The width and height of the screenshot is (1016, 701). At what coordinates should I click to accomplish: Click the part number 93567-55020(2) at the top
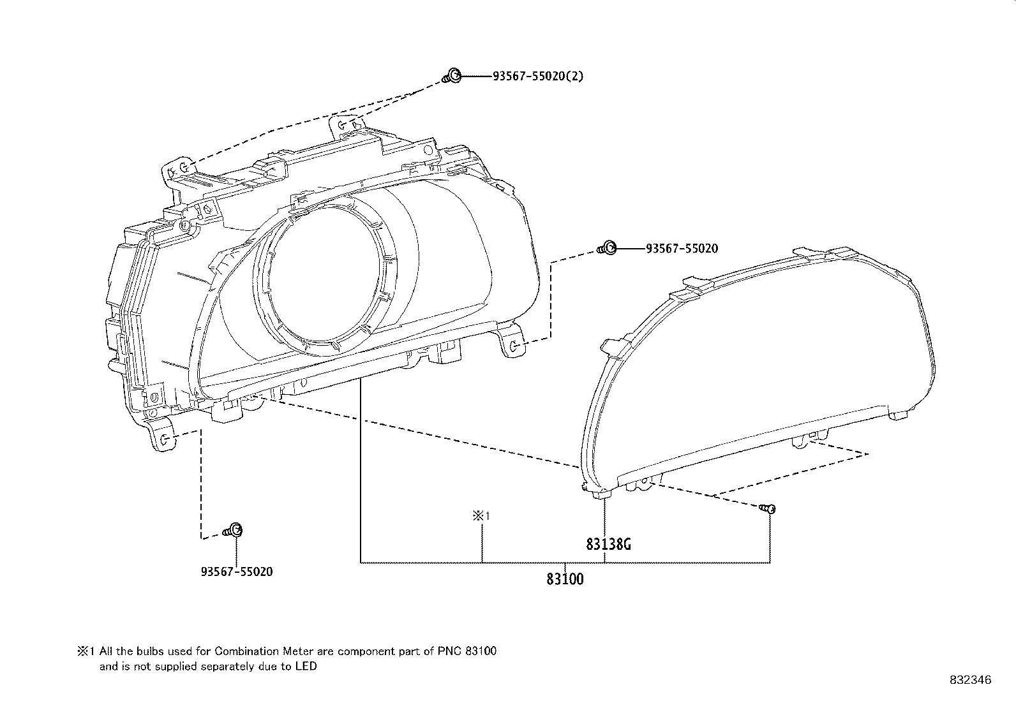pos(537,77)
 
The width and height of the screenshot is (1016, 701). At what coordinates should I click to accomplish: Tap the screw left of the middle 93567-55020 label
pos(608,248)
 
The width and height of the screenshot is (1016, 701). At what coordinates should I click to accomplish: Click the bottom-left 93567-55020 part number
pos(236,572)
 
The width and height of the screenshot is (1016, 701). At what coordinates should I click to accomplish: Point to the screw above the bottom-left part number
pos(234,530)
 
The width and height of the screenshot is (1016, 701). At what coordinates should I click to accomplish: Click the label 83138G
pos(609,545)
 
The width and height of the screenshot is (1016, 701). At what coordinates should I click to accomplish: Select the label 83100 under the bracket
pos(565,579)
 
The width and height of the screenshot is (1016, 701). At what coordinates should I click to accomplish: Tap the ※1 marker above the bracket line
pos(481,516)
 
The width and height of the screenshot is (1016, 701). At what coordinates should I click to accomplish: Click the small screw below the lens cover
pos(768,508)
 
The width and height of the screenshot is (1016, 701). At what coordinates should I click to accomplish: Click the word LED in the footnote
pos(306,667)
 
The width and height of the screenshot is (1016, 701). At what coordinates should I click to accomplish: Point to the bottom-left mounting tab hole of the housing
pos(164,439)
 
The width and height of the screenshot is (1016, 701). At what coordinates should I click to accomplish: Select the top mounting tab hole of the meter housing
pos(343,125)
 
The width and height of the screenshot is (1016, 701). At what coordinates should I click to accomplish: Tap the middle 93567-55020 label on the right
pos(682,248)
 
